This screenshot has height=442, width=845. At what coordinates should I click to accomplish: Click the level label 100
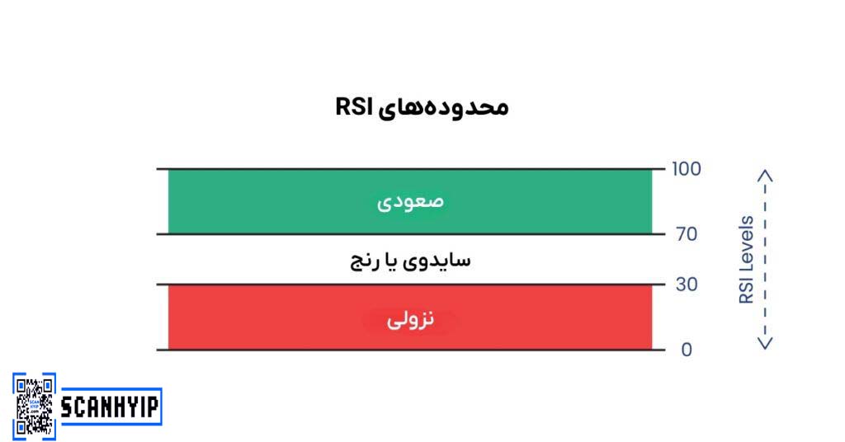[686, 169]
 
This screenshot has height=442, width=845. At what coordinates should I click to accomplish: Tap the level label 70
[687, 234]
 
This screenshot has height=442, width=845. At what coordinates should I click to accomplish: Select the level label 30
[687, 284]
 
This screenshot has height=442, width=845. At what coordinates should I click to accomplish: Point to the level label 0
[687, 350]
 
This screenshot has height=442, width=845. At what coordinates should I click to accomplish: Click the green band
[410, 202]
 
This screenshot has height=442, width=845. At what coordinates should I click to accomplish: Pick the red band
[410, 317]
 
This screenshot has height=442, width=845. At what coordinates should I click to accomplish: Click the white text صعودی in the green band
[410, 202]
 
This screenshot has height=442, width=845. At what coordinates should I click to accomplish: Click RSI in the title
[353, 106]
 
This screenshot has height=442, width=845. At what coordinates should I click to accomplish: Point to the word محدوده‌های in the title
[443, 108]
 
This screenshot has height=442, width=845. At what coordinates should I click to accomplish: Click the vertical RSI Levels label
[746, 260]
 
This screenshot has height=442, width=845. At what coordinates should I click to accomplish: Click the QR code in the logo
[35, 406]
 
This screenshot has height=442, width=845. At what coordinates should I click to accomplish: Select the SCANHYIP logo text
[111, 407]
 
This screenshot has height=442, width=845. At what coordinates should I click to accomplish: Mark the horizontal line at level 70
[411, 234]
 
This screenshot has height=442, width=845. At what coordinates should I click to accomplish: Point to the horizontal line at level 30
[411, 284]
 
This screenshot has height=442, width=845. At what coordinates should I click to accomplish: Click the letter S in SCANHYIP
[67, 407]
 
